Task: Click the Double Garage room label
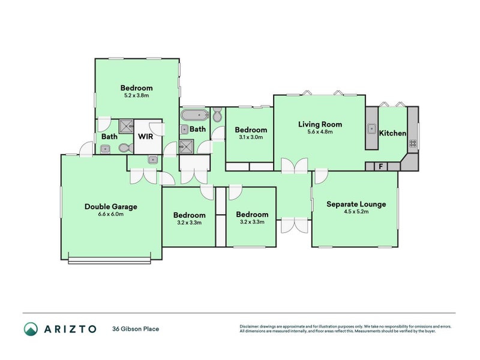click(111, 206)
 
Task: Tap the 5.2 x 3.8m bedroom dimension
click(137, 95)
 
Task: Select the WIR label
click(145, 136)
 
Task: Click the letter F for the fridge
click(381, 167)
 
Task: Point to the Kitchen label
click(392, 133)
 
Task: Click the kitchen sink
click(371, 128)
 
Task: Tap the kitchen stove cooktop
click(413, 143)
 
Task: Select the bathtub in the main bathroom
click(194, 115)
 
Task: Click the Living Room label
click(320, 124)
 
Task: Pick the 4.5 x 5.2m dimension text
click(356, 212)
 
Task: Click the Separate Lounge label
click(356, 204)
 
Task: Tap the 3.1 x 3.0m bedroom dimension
click(251, 137)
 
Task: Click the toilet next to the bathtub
click(217, 115)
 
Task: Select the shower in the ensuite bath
click(127, 127)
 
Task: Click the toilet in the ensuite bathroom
click(126, 148)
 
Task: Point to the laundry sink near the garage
click(152, 160)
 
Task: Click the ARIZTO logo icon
click(31, 329)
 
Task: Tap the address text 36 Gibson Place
click(136, 329)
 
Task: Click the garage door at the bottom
click(110, 260)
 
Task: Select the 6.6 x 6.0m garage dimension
click(111, 214)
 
